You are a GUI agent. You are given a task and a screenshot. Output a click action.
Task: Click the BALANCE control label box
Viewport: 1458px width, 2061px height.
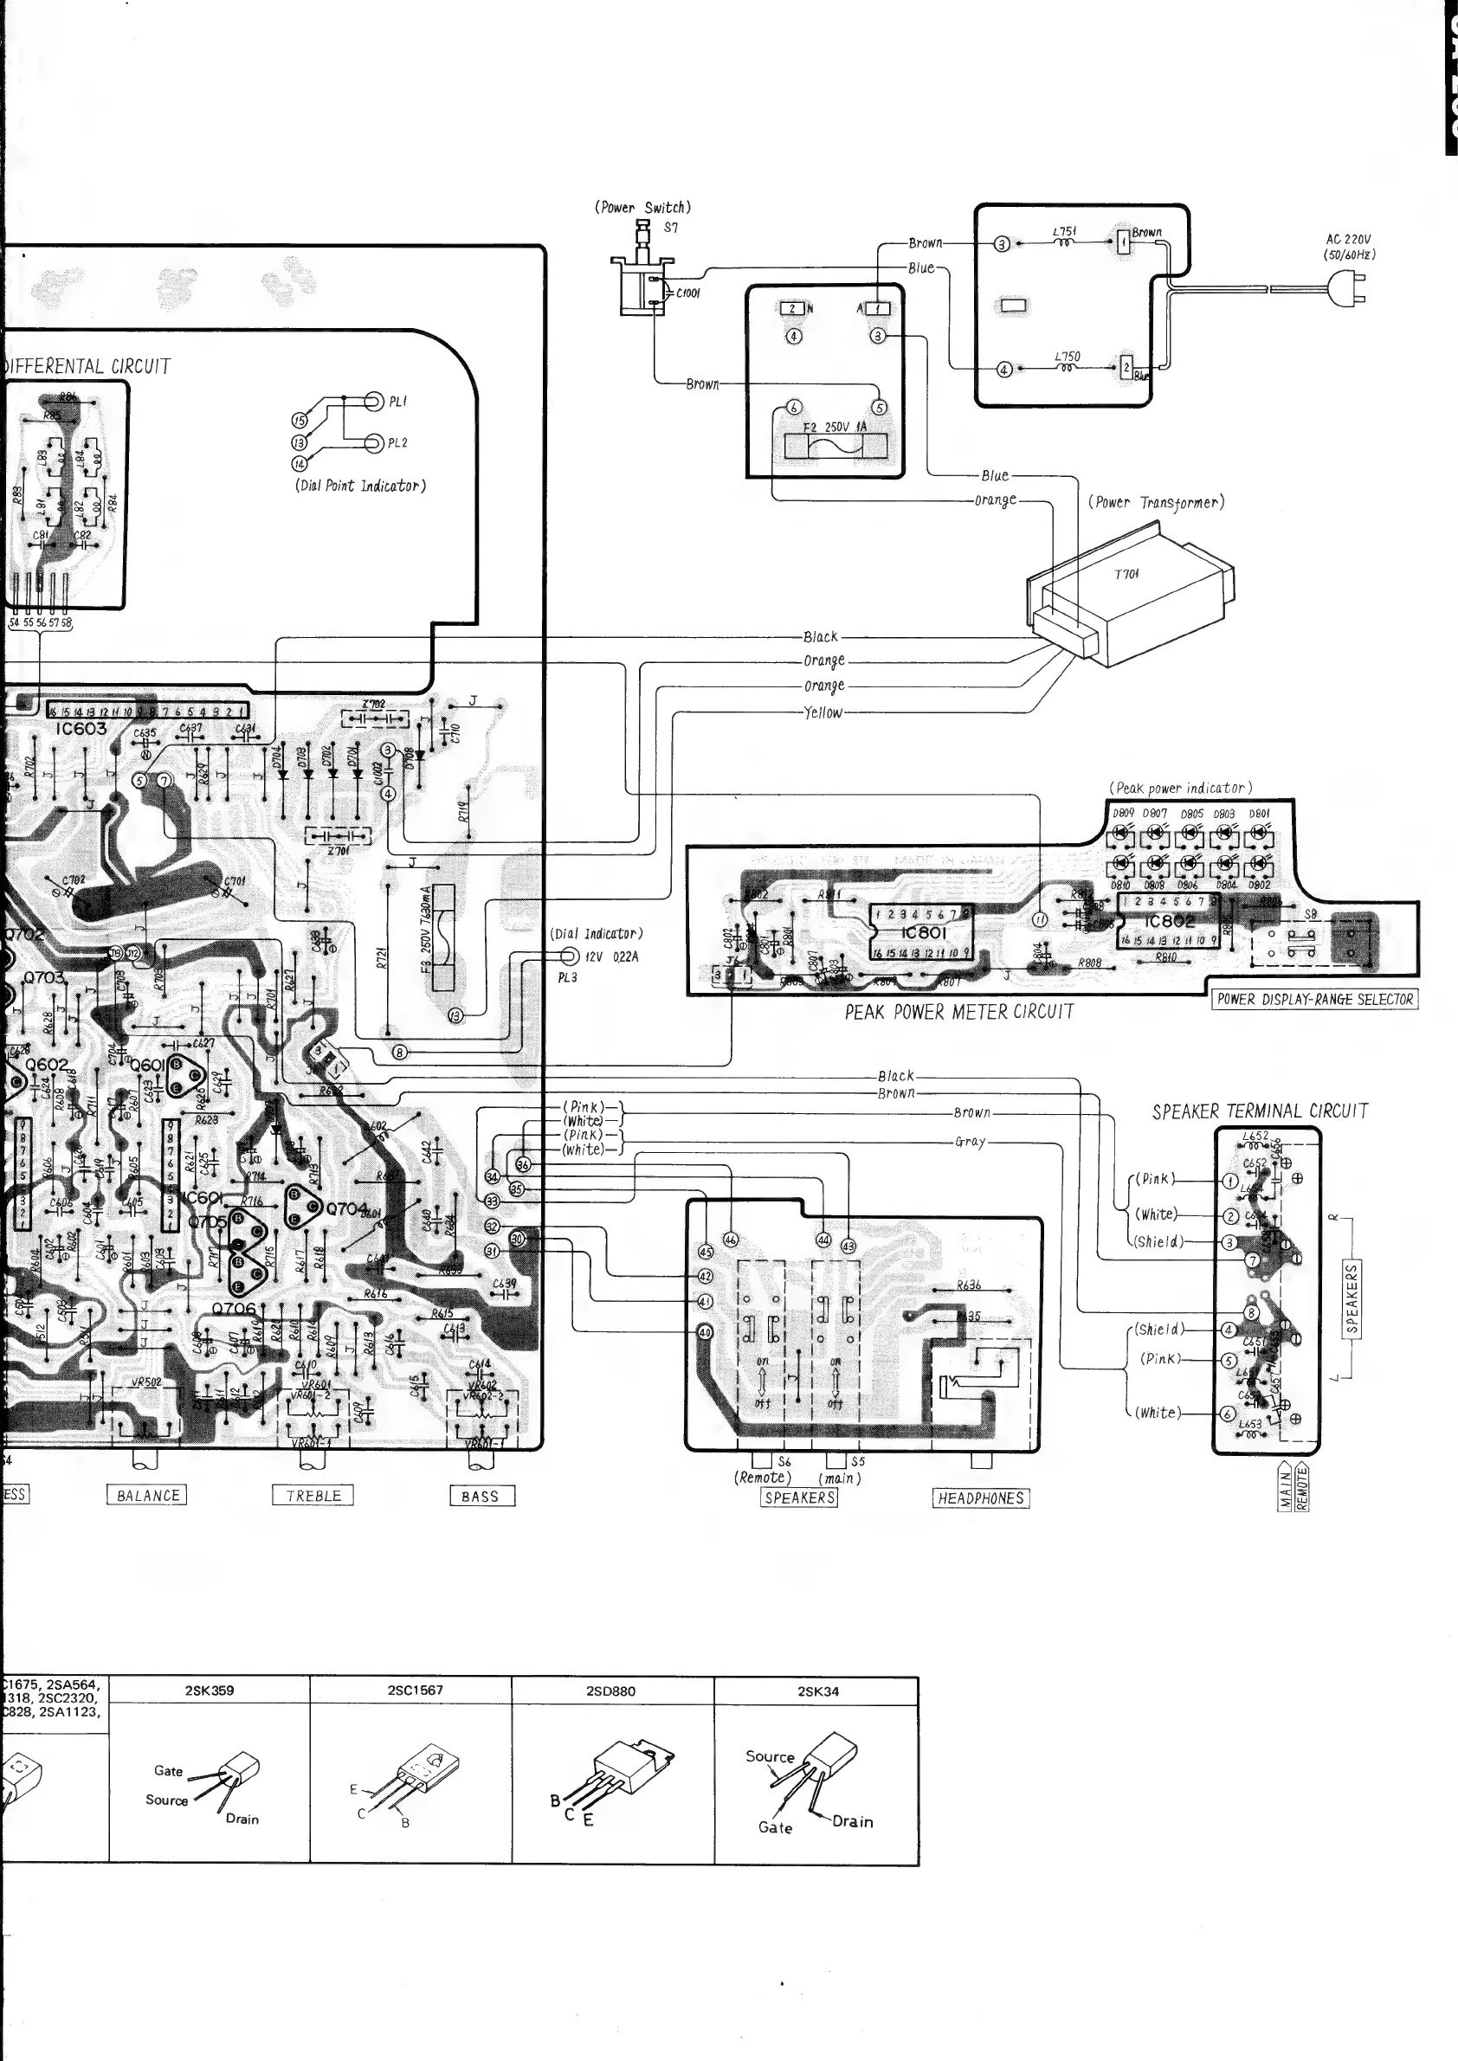click(x=147, y=1495)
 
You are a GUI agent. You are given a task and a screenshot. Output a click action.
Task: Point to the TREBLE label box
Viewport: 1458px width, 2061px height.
click(x=313, y=1495)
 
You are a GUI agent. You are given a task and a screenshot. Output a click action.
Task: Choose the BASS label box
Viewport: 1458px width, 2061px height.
click(x=481, y=1496)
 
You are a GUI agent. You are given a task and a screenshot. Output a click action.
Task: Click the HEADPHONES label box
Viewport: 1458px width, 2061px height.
click(x=980, y=1497)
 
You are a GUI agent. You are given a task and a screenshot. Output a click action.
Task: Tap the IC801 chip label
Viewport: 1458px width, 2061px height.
click(x=923, y=931)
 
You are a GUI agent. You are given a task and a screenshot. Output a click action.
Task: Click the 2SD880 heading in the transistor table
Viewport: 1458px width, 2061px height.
click(x=610, y=1691)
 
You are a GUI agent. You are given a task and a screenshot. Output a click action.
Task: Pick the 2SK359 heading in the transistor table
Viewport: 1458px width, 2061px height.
click(x=210, y=1691)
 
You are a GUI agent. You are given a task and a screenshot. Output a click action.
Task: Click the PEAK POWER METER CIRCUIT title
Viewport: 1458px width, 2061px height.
click(x=958, y=1013)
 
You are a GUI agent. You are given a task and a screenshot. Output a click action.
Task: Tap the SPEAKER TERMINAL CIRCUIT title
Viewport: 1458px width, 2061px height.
click(x=1260, y=1111)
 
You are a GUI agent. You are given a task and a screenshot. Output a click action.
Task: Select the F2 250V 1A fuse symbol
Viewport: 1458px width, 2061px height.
click(x=835, y=445)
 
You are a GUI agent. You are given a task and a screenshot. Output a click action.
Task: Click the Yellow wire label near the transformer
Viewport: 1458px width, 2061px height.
click(x=823, y=712)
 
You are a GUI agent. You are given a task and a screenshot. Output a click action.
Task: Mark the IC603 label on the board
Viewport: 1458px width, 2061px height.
click(x=81, y=729)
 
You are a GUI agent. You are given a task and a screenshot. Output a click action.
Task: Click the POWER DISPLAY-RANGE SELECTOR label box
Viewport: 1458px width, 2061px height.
click(x=1315, y=999)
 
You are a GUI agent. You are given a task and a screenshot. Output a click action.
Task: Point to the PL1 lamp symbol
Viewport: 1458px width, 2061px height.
click(x=375, y=402)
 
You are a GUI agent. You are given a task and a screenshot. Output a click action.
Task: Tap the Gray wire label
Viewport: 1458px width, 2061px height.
click(x=970, y=1142)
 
